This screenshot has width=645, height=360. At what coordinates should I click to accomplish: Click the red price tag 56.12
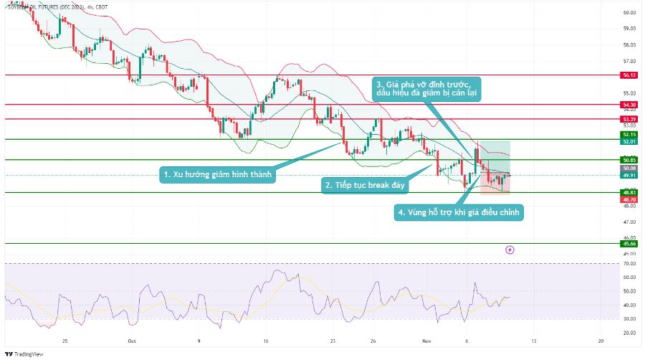[x=630, y=75]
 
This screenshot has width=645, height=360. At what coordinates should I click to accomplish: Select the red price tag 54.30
[x=630, y=105]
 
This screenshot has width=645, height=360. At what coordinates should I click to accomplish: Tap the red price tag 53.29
[x=630, y=118]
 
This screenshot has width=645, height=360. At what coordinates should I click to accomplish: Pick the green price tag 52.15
[x=630, y=134]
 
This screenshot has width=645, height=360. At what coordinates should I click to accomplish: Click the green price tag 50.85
[x=630, y=159]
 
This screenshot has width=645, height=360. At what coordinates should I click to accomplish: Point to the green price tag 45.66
[x=630, y=244]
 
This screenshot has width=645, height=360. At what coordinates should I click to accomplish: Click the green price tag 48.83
[x=630, y=192]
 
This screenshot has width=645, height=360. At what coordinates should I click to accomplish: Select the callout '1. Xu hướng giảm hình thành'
[x=218, y=174]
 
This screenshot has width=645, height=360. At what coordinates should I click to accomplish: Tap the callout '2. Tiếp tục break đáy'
[x=365, y=185]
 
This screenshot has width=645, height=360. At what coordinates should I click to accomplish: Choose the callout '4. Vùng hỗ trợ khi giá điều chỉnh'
[x=459, y=213]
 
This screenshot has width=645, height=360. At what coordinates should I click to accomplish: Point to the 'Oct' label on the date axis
[x=131, y=342]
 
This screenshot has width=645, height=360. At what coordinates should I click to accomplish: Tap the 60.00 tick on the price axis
[x=630, y=13]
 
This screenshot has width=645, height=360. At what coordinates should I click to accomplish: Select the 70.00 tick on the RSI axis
[x=630, y=264]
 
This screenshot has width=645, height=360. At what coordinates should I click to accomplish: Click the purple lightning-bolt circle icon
[x=510, y=250]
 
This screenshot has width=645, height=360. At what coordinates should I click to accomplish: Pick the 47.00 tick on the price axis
[x=630, y=223]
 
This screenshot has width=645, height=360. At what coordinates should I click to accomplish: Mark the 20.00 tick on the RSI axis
[x=630, y=333]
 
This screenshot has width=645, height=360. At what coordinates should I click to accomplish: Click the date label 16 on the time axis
[x=265, y=342]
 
